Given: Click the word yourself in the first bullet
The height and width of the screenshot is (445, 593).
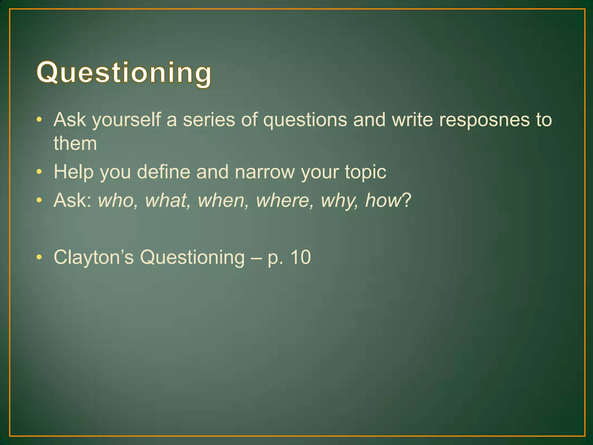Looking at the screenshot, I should [126, 120].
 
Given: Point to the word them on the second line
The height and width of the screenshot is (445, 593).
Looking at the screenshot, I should [75, 143].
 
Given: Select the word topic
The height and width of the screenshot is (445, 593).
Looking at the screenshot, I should [365, 172].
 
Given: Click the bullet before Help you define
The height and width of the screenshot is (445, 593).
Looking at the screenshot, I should [39, 172].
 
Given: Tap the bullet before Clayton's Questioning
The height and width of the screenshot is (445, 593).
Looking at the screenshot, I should [39, 257].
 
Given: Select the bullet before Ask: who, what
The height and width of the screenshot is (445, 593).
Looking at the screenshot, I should [39, 200].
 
